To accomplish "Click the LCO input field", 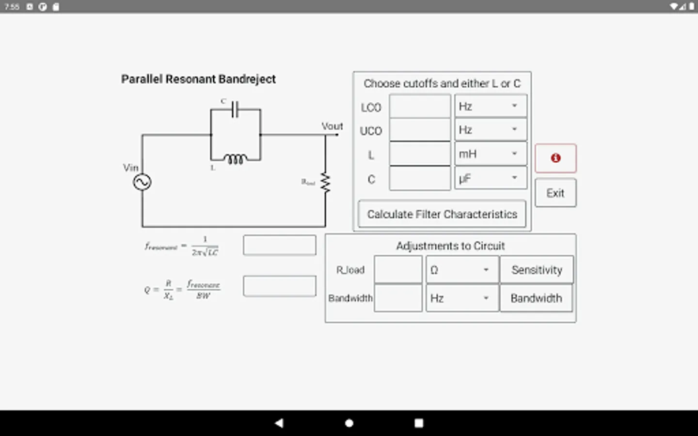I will pos(420,107).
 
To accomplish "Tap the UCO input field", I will pos(420,130).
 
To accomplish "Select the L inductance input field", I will pos(420,154).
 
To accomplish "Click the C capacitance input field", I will pos(420,179).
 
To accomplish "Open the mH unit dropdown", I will pos(490,154).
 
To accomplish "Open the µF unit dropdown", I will pos(490,179).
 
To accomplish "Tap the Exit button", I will pos(555,193).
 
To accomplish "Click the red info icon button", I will pos(555,158).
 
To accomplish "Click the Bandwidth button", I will pos(536,298).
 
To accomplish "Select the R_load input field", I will pos(398,270).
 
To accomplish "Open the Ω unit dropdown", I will pos(461,270).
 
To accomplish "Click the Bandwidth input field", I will pos(398,298).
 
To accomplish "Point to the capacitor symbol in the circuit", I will pos(235,109).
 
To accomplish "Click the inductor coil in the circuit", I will pos(235,159).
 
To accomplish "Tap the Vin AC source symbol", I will pos(142,182).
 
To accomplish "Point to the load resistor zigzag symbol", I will pos(325,183).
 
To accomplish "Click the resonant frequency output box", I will pos(280,245).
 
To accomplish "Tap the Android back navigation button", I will pos(279,423).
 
